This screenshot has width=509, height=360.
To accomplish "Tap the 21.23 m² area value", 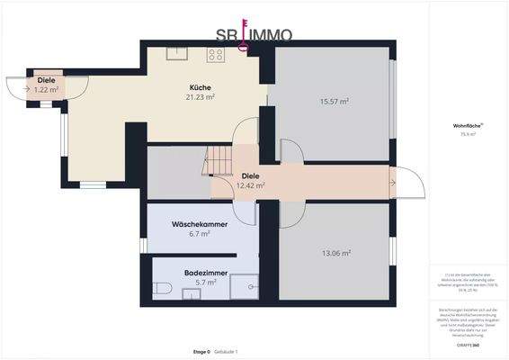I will click(x=200, y=97).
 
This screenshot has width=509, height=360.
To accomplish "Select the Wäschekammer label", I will click(x=199, y=224).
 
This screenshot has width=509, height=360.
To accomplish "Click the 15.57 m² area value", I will click(x=334, y=102).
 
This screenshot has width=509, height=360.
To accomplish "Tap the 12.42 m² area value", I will click(x=250, y=185).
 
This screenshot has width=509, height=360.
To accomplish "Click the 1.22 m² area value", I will click(x=47, y=90).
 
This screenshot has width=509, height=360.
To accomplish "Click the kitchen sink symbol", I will click(x=174, y=53).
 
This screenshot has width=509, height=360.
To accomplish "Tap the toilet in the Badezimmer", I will click(x=163, y=289).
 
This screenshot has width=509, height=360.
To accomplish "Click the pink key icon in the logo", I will click(x=243, y=35).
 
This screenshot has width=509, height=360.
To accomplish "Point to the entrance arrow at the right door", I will click(x=392, y=183).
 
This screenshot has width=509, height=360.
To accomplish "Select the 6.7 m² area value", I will click(x=200, y=234).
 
